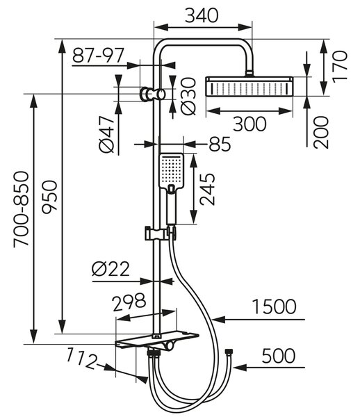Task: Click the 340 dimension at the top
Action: [202, 15]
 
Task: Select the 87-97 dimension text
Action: [98, 56]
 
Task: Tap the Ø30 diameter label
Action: [188, 97]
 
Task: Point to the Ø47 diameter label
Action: [107, 135]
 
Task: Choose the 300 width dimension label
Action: [249, 124]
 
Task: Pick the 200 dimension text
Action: [321, 132]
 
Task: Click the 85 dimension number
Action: [220, 144]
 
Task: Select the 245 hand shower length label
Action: [207, 189]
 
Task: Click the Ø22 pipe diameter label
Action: [111, 269]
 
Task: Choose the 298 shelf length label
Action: [129, 302]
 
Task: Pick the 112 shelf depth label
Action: [81, 359]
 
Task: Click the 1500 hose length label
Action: [274, 306]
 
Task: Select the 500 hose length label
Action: [279, 356]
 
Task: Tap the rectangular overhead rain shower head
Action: [249, 86]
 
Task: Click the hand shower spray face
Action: [171, 170]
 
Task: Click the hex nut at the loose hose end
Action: [228, 351]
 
